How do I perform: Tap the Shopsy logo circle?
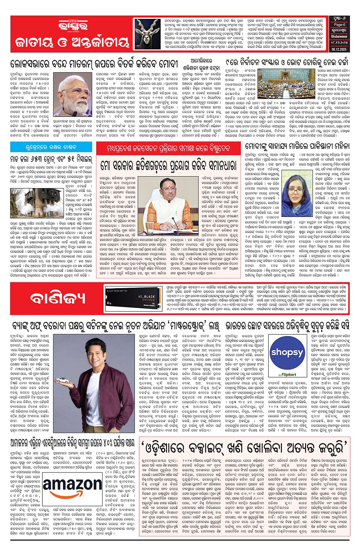287,353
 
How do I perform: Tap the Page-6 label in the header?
339,25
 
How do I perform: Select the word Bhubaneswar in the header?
339,37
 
